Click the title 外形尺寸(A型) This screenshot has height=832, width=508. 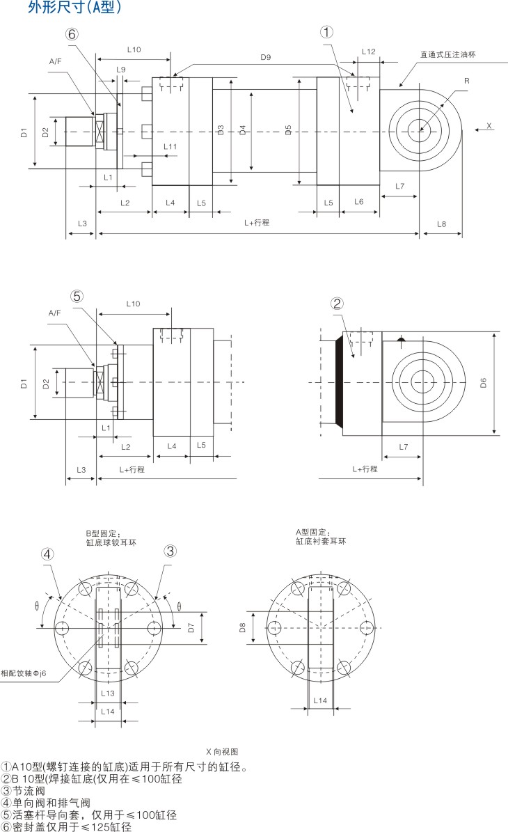click(75, 8)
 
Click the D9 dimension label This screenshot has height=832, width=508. click(265, 57)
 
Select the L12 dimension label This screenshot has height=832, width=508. click(369, 52)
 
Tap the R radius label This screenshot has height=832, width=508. click(466, 81)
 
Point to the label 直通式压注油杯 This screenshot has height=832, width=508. click(447, 54)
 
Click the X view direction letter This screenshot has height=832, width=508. click(489, 127)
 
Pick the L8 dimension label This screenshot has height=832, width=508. click(441, 223)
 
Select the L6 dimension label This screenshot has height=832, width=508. click(358, 202)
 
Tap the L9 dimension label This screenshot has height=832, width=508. click(121, 70)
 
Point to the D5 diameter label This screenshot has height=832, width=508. click(289, 129)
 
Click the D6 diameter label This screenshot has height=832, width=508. click(484, 382)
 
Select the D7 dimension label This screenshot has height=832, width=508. click(191, 628)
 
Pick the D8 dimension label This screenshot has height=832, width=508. click(243, 628)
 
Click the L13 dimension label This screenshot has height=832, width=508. click(107, 693)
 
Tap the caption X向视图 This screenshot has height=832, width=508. click(222, 752)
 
